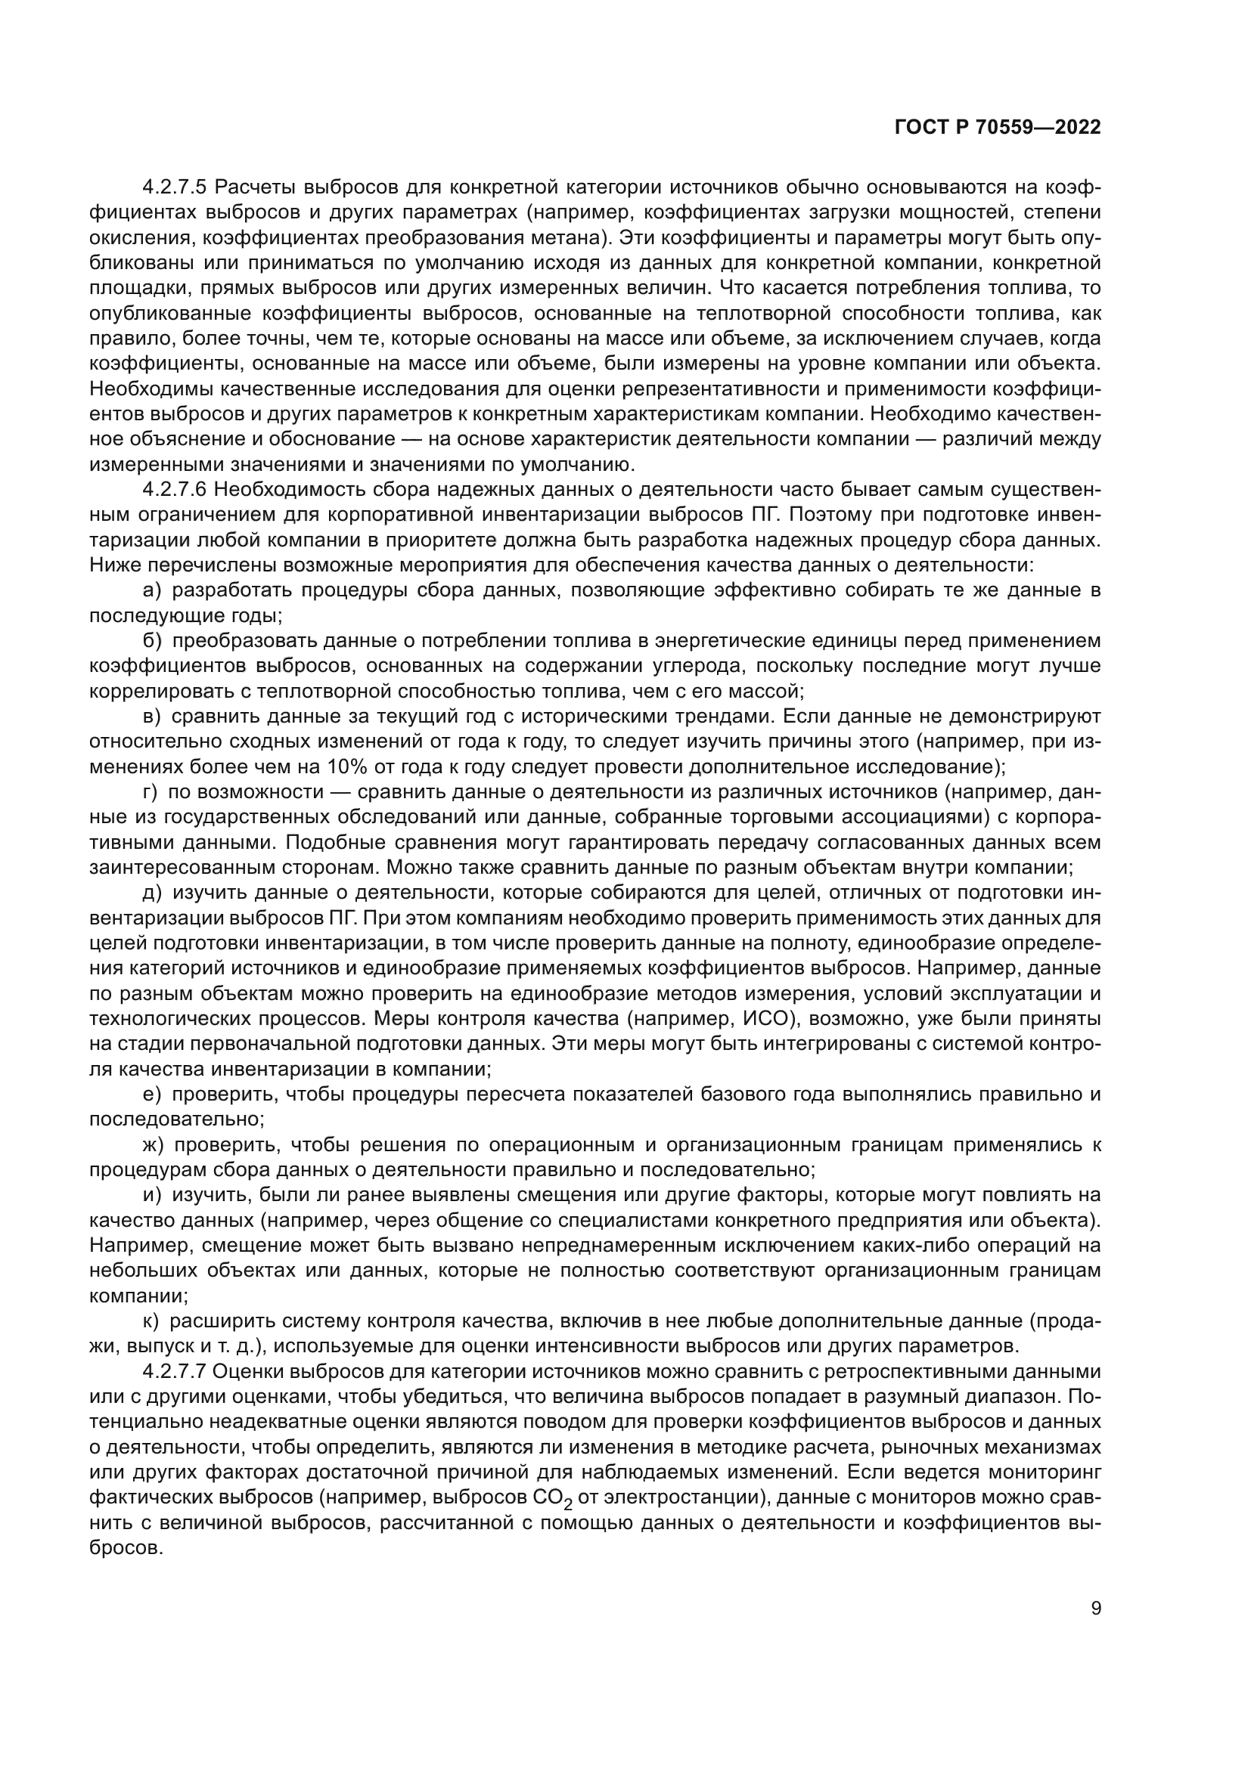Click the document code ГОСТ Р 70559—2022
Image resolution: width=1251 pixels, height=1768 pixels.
point(998,128)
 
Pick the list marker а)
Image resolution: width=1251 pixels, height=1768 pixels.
point(152,590)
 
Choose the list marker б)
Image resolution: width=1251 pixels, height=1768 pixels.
point(152,641)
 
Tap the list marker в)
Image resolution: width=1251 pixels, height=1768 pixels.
point(152,716)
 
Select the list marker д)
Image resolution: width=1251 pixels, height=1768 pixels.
point(152,893)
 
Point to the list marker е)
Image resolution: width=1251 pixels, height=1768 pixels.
point(152,1095)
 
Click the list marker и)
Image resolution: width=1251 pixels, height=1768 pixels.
point(152,1195)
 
